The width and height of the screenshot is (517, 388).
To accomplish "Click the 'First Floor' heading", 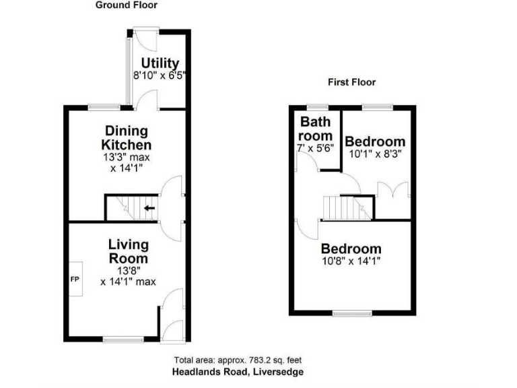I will point(351,82).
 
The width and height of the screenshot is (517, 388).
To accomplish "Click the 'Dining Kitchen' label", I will point(126,138).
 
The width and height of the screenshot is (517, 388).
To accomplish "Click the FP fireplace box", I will point(75,278).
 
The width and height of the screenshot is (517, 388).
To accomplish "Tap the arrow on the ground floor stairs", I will point(149,208).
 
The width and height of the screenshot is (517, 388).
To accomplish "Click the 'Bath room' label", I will point(316,129).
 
